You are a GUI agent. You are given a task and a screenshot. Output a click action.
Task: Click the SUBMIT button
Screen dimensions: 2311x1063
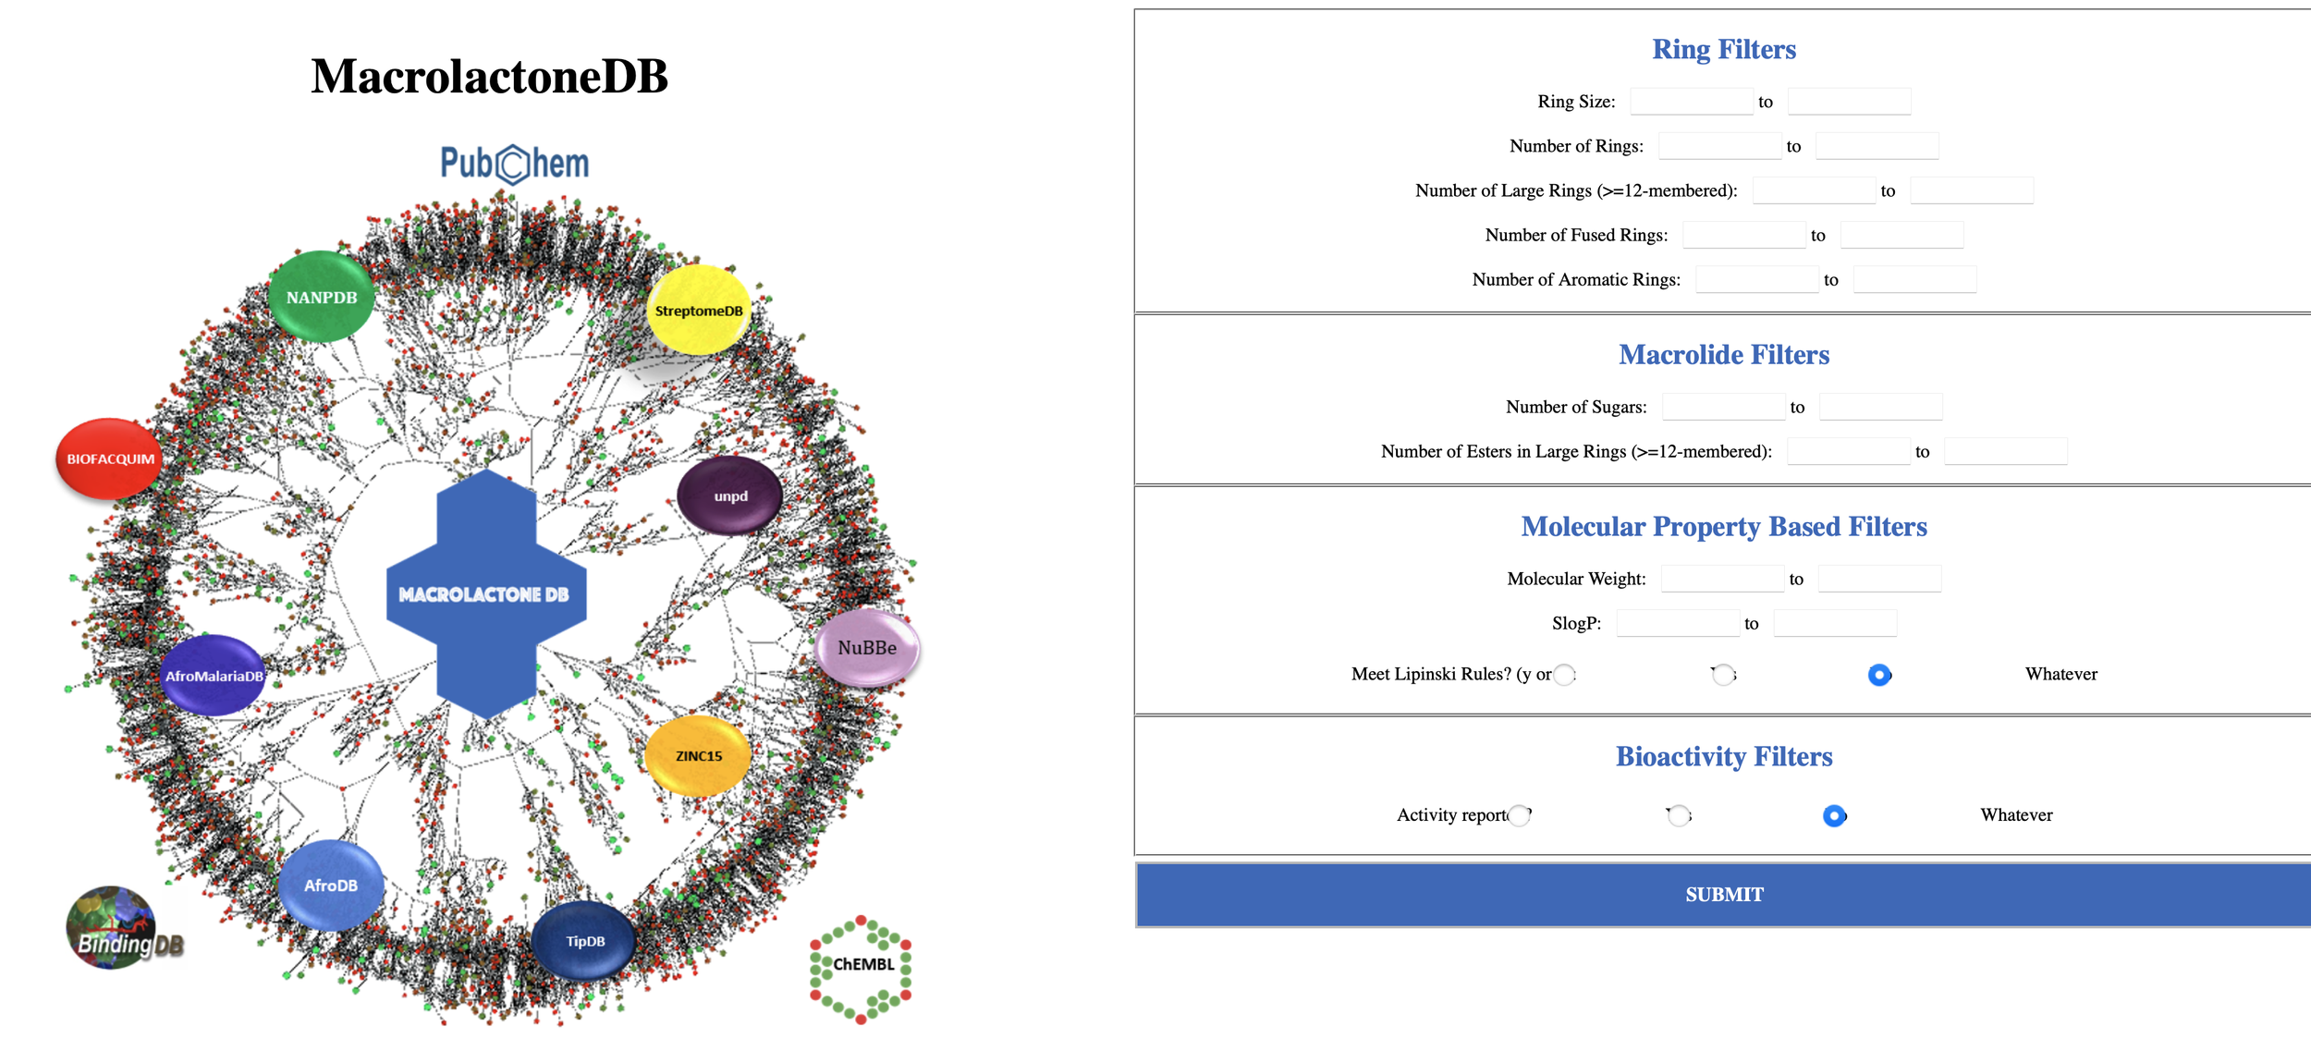point(1723,894)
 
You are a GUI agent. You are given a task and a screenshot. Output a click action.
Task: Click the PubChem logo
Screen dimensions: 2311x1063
point(514,164)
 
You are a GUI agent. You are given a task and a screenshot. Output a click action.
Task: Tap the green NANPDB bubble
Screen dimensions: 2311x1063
point(322,297)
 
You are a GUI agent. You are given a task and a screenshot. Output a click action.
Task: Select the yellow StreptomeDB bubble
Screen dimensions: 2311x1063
point(699,311)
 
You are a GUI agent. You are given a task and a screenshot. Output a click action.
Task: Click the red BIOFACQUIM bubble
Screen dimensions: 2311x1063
point(110,458)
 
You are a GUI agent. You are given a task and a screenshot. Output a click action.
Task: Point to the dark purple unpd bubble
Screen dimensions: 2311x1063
point(730,496)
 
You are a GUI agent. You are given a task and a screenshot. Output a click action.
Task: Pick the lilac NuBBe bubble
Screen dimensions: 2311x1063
point(867,647)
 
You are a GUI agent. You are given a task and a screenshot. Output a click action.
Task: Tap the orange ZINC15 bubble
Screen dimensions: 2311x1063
point(698,755)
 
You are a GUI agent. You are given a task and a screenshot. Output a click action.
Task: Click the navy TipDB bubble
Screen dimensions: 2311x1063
point(584,941)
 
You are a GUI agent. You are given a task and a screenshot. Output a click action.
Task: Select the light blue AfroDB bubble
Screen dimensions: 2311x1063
point(331,885)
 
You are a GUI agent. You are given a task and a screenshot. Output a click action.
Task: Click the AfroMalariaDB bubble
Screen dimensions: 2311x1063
point(214,676)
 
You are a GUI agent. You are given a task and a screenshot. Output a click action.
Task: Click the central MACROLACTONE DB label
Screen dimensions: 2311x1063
point(484,594)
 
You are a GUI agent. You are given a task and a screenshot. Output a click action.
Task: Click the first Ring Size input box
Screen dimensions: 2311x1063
point(1691,102)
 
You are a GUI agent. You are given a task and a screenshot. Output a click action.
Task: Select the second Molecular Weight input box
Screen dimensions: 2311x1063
point(1878,579)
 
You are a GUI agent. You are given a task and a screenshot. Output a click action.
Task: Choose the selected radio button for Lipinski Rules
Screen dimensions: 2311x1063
point(1878,675)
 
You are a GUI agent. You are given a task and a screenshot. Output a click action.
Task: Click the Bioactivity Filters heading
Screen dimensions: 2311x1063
point(1723,756)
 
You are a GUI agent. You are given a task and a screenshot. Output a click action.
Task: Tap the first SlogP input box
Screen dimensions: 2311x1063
point(1677,623)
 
